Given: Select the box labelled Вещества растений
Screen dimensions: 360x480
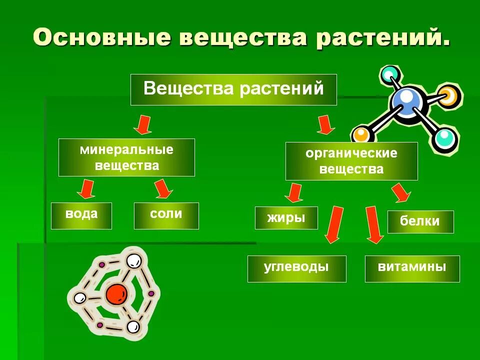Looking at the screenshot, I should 233,89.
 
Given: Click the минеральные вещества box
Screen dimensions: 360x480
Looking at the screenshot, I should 126,157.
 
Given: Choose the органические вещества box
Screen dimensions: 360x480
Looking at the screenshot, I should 351,161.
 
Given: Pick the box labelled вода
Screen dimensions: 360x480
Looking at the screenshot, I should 81,215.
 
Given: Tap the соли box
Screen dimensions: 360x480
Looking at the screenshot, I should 166,215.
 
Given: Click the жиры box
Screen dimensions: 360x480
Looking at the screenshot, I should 286,217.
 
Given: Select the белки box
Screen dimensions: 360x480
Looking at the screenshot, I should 420,221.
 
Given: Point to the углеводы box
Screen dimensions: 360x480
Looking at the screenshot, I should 296,268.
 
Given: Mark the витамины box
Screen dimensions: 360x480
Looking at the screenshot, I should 412,268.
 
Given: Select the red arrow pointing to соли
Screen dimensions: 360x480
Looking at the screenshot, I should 163,188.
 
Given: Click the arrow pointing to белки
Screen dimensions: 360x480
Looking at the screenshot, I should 401,193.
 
